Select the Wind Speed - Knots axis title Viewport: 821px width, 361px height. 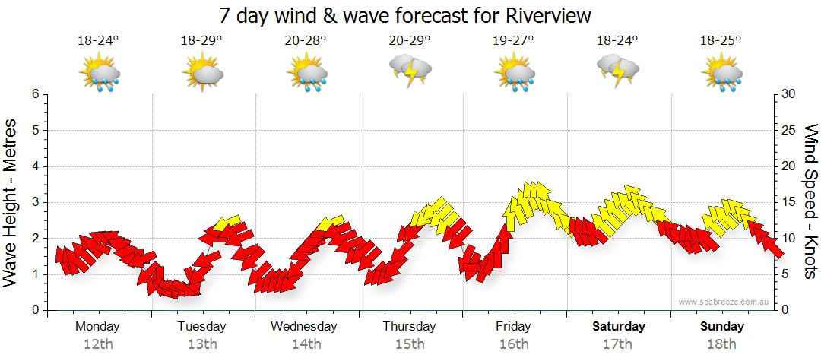(810, 201)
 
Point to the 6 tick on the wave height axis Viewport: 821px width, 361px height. (35, 94)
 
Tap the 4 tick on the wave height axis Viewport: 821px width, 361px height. (35, 166)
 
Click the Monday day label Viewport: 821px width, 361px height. (98, 327)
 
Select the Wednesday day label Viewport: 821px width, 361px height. (304, 327)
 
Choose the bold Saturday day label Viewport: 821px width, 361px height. (618, 327)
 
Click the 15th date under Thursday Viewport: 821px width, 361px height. (410, 344)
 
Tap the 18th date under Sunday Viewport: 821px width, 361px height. (722, 344)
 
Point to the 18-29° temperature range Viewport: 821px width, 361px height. (201, 41)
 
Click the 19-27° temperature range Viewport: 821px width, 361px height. (514, 41)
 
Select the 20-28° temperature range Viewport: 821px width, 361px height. (306, 41)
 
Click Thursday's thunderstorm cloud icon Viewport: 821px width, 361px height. (410, 71)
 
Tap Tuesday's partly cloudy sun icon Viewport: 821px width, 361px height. (202, 74)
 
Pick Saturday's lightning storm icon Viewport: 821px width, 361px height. (618, 71)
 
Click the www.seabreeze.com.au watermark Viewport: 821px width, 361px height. (725, 302)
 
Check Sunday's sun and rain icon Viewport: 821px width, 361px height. (722, 74)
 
